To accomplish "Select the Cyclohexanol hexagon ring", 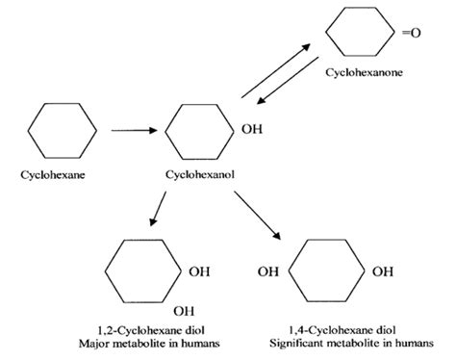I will pos(199,127).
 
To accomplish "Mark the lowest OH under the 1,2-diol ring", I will pos(183,311).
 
